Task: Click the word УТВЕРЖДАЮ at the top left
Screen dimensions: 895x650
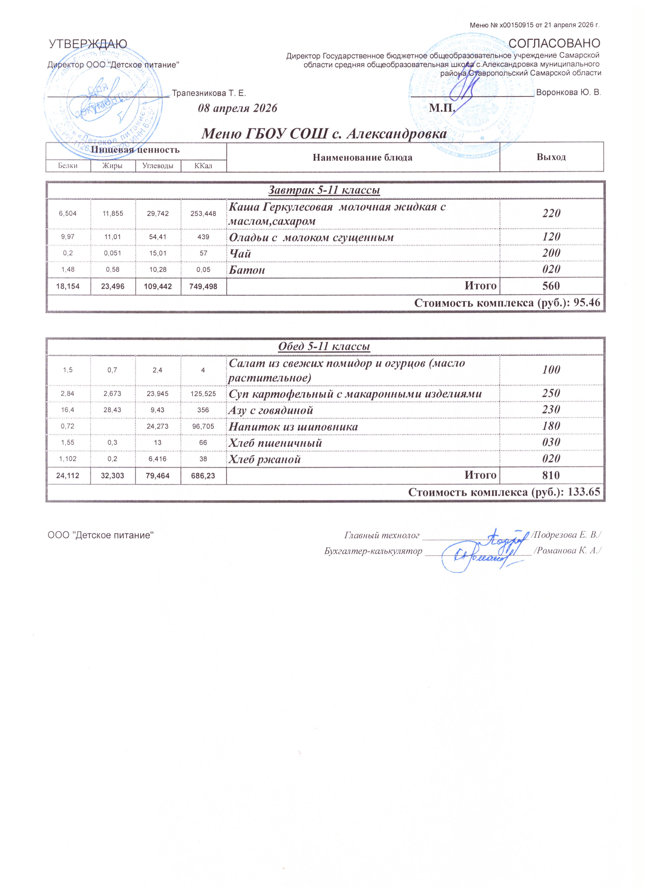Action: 88,44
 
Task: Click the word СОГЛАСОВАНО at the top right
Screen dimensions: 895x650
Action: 554,43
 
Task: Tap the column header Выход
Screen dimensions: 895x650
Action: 551,157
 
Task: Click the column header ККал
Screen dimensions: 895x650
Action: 204,166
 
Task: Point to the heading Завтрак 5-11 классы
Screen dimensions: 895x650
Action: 324,190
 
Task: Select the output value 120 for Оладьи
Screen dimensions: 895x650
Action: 551,237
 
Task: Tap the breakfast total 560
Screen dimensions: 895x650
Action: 551,286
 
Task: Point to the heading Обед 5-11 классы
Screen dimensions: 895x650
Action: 324,347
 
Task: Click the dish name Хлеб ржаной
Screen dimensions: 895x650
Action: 265,459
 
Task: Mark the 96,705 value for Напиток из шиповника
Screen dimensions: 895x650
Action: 204,427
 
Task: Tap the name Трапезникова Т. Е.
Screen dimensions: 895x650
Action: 209,94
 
